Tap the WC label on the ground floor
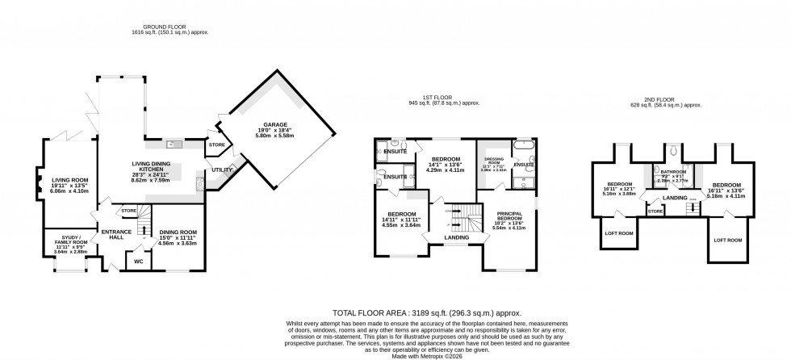(x=137, y=262)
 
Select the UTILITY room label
(x=222, y=170)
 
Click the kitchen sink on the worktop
(x=173, y=145)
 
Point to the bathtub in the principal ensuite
(x=523, y=147)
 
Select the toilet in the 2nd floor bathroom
(x=672, y=149)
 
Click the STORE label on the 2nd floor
(x=655, y=211)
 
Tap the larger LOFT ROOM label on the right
(x=728, y=241)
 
